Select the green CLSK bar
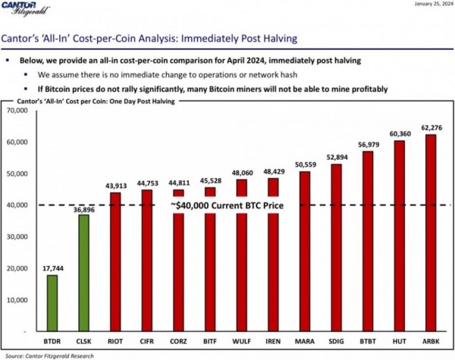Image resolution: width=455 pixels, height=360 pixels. [83, 273]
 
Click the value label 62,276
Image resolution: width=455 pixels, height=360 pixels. [430, 127]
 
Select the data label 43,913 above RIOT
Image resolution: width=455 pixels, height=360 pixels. [115, 186]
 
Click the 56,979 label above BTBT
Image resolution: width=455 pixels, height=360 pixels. [367, 145]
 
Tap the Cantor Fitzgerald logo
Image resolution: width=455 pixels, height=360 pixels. [27, 11]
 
